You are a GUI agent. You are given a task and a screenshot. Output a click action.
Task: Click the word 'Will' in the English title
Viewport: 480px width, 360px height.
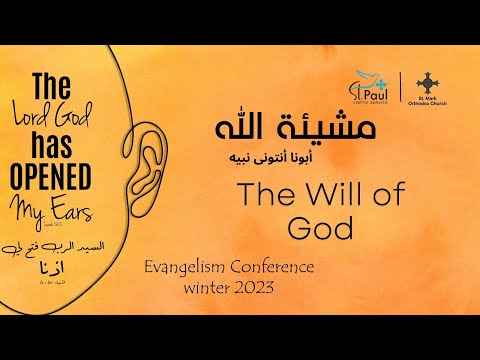coord(313,197)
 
